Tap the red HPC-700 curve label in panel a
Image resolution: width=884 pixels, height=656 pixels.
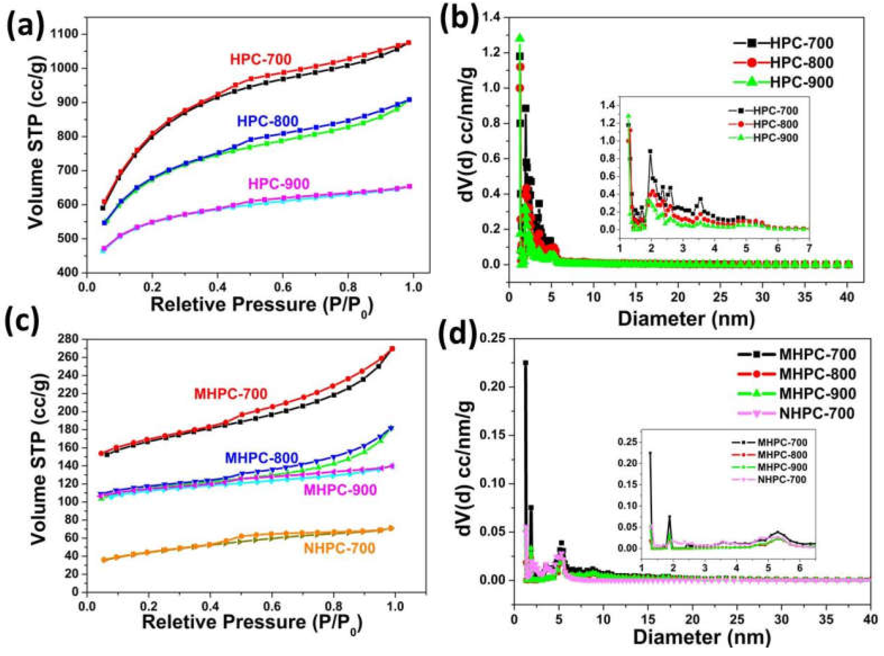(260, 60)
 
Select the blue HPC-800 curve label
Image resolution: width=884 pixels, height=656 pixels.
(268, 121)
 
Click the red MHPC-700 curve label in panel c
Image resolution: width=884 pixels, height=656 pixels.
(230, 394)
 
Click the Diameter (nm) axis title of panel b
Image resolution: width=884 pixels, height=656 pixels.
(685, 308)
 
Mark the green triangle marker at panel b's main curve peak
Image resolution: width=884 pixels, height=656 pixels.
(520, 38)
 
